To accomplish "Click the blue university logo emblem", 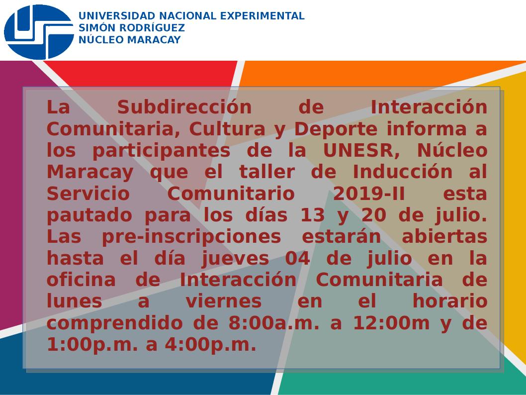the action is coord(39,32).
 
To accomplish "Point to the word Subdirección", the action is coord(184,107).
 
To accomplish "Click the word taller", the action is coord(266,172).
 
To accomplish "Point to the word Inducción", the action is coord(403,172).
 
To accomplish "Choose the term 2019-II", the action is coord(369,194).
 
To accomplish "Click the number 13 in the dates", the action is coord(312,215).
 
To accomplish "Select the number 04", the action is coord(297,258).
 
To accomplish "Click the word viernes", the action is coord(224,301).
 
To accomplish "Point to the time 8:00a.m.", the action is coord(274,323).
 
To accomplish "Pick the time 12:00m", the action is coord(391,323).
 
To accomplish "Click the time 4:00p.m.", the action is coord(210,345).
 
